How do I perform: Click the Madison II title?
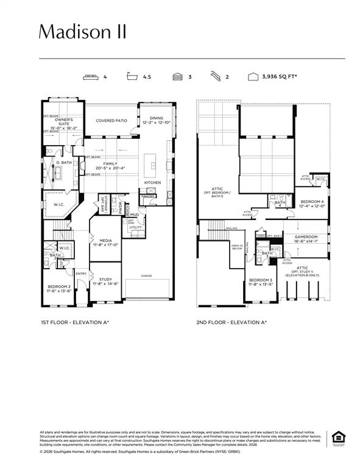pyautogui.click(x=83, y=32)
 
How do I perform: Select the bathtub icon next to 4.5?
pyautogui.click(x=132, y=77)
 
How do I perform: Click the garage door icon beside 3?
pyautogui.click(x=177, y=77)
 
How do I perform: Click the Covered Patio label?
pyautogui.click(x=111, y=121)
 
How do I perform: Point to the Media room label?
pyautogui.click(x=105, y=241)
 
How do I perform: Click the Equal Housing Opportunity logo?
pyautogui.click(x=337, y=438)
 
